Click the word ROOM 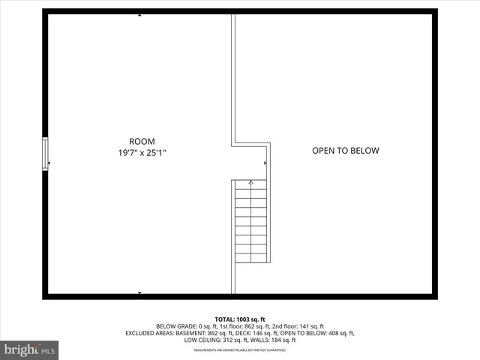(x=142, y=141)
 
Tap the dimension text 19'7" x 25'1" (x=142, y=152)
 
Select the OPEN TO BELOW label (x=346, y=151)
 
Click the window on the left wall (x=45, y=154)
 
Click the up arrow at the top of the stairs (x=250, y=182)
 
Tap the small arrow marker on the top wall (x=139, y=14)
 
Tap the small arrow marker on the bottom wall (x=139, y=293)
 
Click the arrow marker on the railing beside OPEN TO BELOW (x=265, y=162)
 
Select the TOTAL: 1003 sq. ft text (x=240, y=319)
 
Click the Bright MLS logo (x=30, y=349)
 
